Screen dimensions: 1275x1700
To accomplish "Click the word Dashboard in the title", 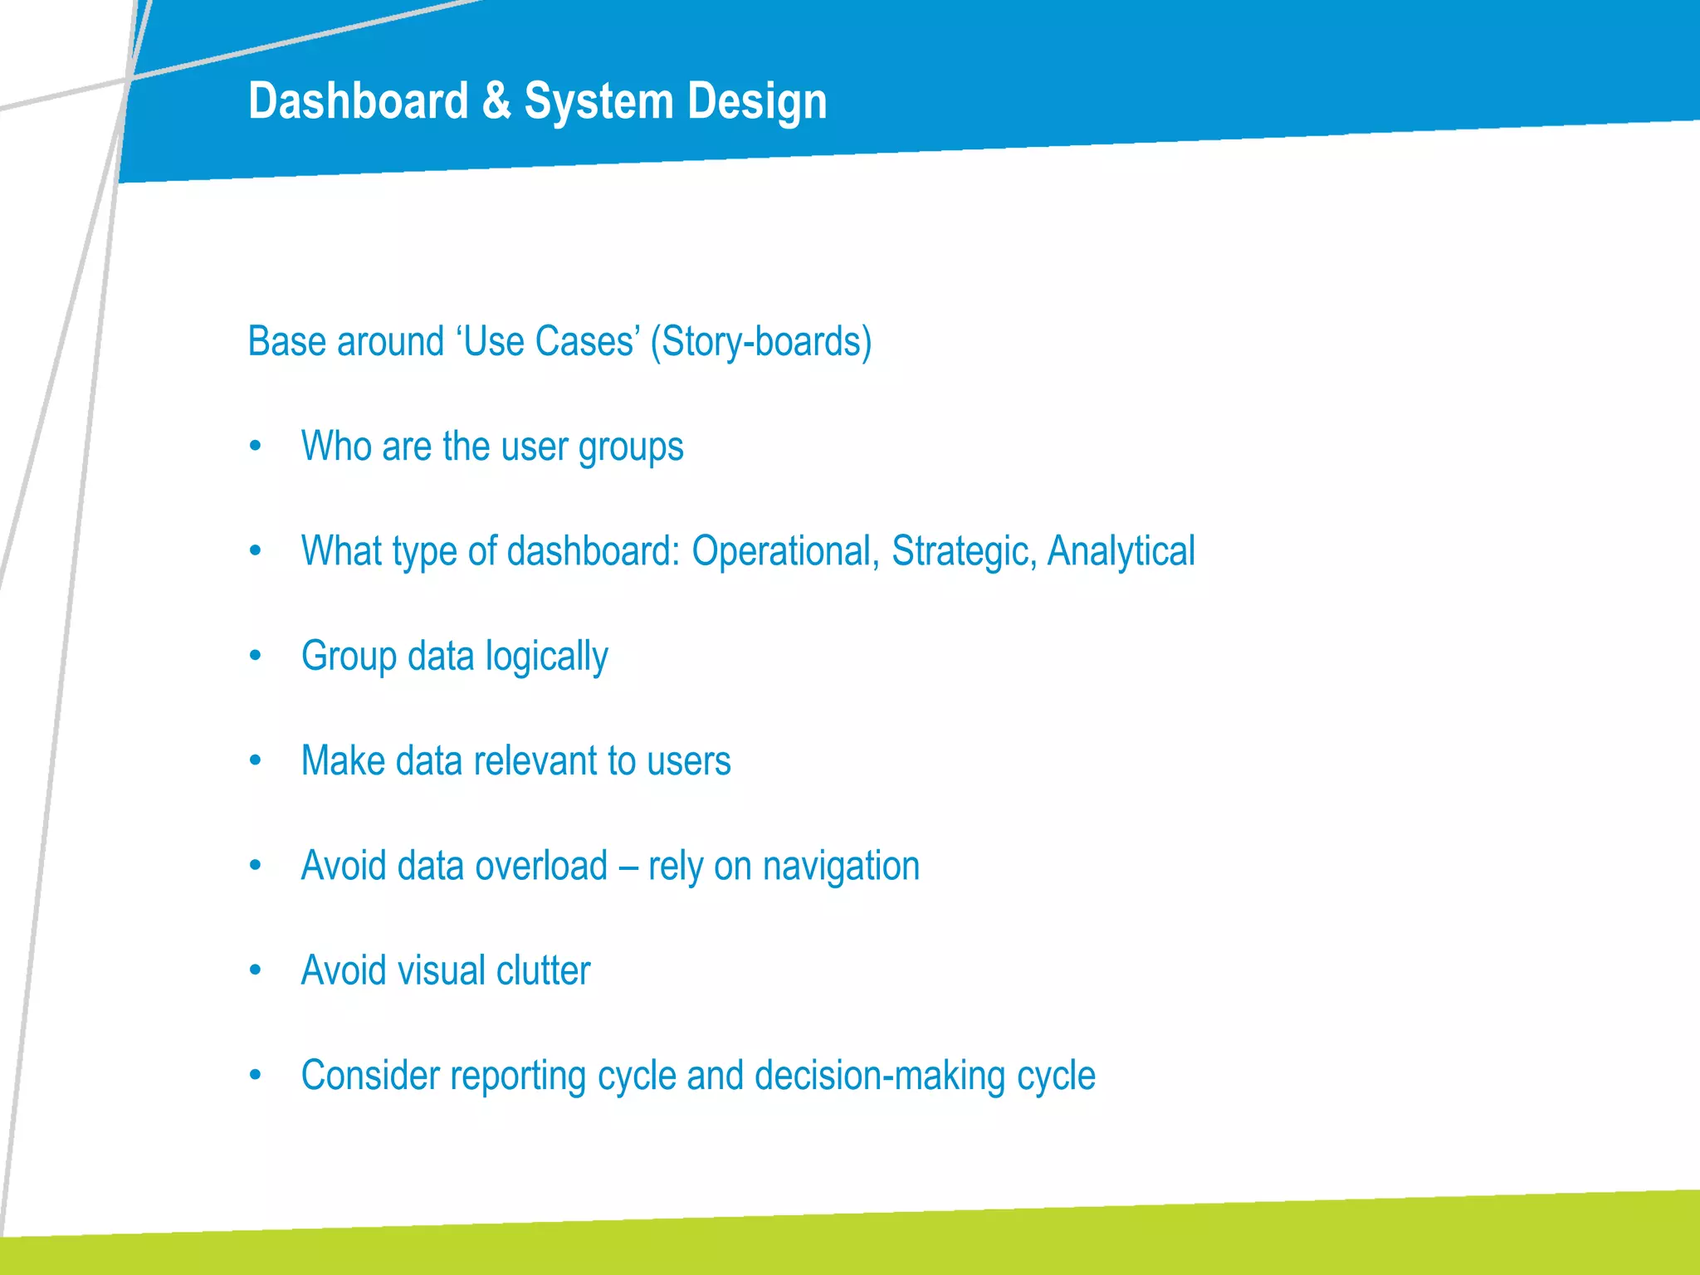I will [x=359, y=101].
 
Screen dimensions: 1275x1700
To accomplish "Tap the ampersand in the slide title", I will [x=496, y=101].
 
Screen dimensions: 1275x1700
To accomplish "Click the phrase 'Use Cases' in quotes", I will [x=548, y=341].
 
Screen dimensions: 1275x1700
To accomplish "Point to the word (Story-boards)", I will [x=760, y=341].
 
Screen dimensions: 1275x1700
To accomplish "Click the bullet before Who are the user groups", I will [x=256, y=447].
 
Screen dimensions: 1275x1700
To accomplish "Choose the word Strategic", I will [x=964, y=551].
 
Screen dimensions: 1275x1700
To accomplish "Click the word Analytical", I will [x=1121, y=551].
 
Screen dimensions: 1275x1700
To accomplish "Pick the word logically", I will [x=546, y=657].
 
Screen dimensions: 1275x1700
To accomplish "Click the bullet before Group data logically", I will [x=256, y=657].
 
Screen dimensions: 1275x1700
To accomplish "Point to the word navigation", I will [x=841, y=867].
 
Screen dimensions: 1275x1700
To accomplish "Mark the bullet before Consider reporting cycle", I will [x=256, y=1076].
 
